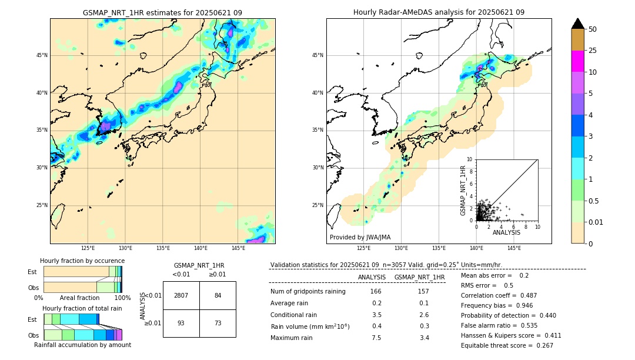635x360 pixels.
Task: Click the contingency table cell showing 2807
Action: pos(181,295)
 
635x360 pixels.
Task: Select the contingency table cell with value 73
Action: pos(218,324)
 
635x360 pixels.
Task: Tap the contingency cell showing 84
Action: pos(218,295)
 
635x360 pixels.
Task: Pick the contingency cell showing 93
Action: pos(181,324)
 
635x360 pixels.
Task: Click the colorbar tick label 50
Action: pos(593,29)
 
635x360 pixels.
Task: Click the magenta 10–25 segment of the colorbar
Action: pos(577,61)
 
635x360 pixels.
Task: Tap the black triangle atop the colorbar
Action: pos(577,24)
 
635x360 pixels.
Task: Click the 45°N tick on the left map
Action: pos(42,55)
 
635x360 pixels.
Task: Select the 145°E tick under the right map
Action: pos(514,248)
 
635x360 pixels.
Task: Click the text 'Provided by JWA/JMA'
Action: pos(360,237)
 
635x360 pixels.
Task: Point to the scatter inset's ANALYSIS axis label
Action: pos(506,232)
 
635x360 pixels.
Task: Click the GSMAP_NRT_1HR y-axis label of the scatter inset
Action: pos(463,190)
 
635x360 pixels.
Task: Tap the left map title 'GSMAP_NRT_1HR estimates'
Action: pos(162,12)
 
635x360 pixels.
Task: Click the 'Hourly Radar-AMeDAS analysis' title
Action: pos(439,12)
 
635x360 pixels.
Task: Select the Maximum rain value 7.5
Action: pos(376,338)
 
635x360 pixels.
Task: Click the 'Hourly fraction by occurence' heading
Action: pos(82,261)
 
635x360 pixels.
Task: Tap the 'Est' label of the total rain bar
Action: pos(32,319)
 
